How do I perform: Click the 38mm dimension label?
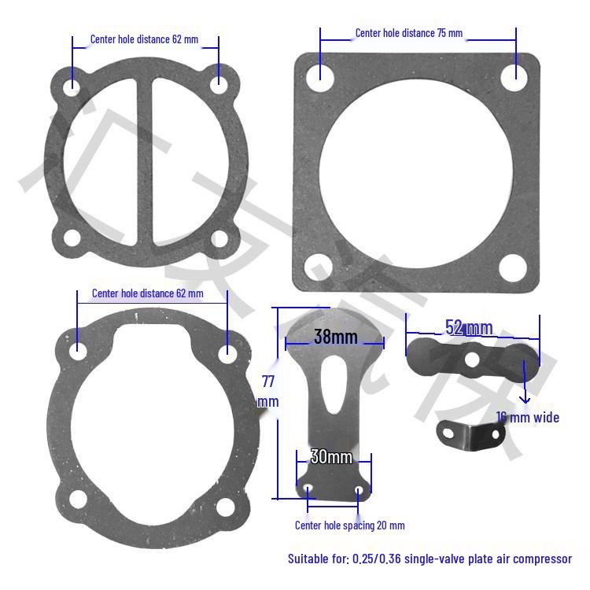point(335,337)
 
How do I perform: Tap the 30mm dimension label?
point(330,456)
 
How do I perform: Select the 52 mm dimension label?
point(469,327)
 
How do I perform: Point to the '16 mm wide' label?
point(528,417)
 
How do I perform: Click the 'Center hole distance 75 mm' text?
point(408,33)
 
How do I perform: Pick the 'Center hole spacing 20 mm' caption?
point(349,525)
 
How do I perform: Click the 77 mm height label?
point(267,390)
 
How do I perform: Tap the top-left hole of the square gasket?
point(319,74)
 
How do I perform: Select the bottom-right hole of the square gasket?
point(513,268)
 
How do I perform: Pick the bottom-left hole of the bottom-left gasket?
point(77,499)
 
